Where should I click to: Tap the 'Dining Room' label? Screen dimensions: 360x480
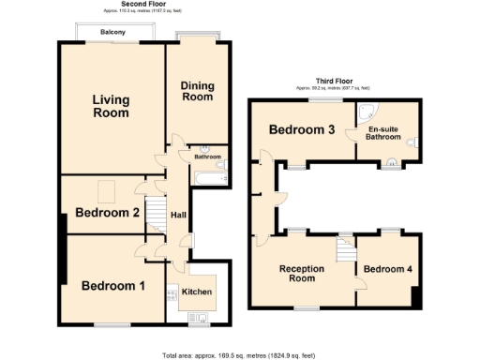[197, 91]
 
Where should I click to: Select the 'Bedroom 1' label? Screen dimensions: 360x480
[112, 285]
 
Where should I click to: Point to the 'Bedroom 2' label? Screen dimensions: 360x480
[108, 213]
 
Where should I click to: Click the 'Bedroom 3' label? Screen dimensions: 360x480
[303, 129]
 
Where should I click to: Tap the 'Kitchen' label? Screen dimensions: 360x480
[197, 292]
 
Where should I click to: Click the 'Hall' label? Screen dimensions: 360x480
[177, 217]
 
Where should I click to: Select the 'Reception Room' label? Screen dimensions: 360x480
[303, 274]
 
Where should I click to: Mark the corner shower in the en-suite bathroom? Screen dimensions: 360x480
[365, 109]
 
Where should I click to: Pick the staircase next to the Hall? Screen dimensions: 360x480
[158, 217]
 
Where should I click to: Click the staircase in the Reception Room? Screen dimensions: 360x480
[344, 247]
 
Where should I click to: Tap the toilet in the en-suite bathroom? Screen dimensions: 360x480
[414, 140]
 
